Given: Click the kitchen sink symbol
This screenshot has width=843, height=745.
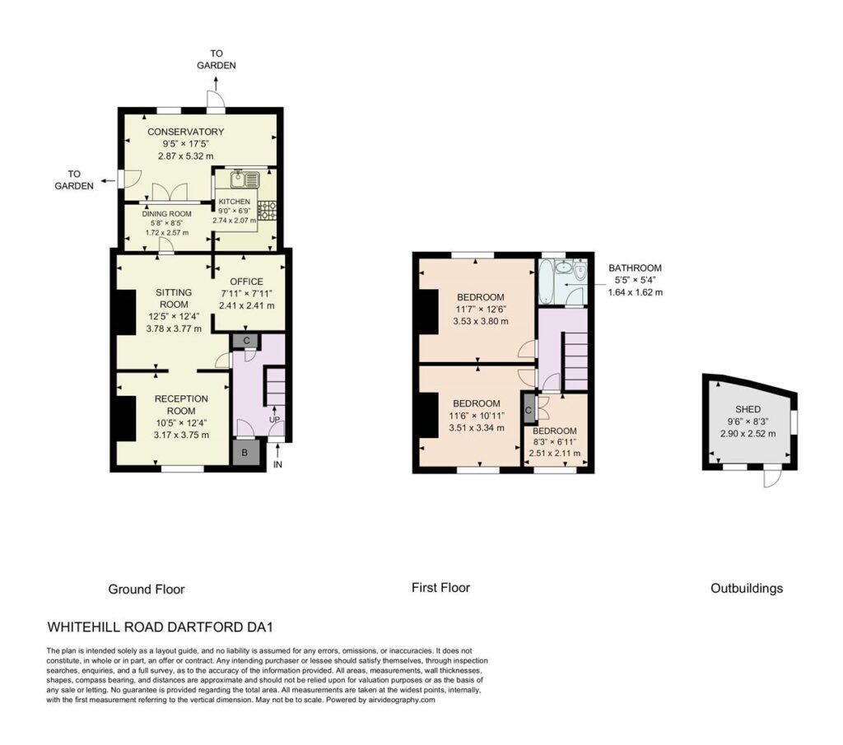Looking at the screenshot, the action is coord(245,179).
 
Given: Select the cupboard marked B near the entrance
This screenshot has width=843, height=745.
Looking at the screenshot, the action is coord(245,453).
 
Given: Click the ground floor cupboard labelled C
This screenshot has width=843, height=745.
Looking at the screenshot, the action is coord(246,340).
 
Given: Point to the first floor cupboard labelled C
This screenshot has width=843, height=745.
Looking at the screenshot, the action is coord(529,411).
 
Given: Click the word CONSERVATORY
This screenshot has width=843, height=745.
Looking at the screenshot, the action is coord(185,132).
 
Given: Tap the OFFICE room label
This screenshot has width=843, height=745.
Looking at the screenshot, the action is coord(247,281).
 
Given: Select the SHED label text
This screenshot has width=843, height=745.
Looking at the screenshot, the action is coord(748,409).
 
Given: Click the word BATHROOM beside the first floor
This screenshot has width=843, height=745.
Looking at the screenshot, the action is coord(635,268).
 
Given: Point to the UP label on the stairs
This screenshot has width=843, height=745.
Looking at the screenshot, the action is coord(275,420).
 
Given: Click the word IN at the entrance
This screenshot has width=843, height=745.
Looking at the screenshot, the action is coord(277,464).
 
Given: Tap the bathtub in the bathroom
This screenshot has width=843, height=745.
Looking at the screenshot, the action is coord(547,282).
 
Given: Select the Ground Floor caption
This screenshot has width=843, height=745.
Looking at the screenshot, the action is coord(147,589).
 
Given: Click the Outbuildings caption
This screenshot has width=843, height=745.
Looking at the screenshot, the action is coord(747,588).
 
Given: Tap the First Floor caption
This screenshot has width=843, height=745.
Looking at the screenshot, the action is coord(441,588).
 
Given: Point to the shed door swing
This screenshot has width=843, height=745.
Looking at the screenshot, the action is coord(771,477).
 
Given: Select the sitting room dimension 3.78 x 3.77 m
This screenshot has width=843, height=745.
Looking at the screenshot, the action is coord(174,328).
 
